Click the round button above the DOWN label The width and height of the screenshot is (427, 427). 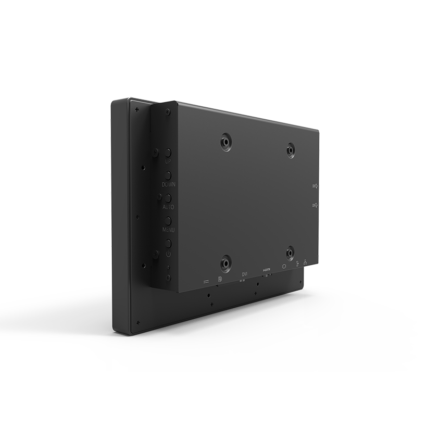pyautogui.click(x=168, y=175)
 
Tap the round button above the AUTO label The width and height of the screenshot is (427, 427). pyautogui.click(x=168, y=198)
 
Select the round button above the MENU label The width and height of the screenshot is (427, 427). pyautogui.click(x=168, y=220)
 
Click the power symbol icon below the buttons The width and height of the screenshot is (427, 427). pyautogui.click(x=168, y=254)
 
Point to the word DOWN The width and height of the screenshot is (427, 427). pyautogui.click(x=168, y=185)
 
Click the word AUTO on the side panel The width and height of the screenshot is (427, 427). pyautogui.click(x=168, y=207)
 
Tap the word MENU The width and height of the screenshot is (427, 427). pyautogui.click(x=168, y=230)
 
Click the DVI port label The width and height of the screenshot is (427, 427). pyautogui.click(x=245, y=274)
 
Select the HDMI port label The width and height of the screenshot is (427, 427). pyautogui.click(x=267, y=270)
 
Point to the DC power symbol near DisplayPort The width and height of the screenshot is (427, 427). pyautogui.click(x=206, y=281)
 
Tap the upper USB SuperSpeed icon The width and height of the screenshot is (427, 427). pyautogui.click(x=315, y=186)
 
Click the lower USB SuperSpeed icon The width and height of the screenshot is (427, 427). pyautogui.click(x=315, y=205)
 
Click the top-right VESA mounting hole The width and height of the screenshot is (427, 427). pyautogui.click(x=291, y=150)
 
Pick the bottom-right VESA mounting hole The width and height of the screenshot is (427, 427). pyautogui.click(x=290, y=254)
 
